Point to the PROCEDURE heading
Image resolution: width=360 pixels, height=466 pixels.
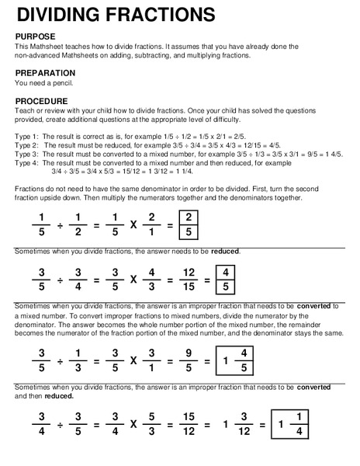[47, 101]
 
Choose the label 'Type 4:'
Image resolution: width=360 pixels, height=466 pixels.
[27, 163]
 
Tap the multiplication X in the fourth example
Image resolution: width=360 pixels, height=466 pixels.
[133, 425]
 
